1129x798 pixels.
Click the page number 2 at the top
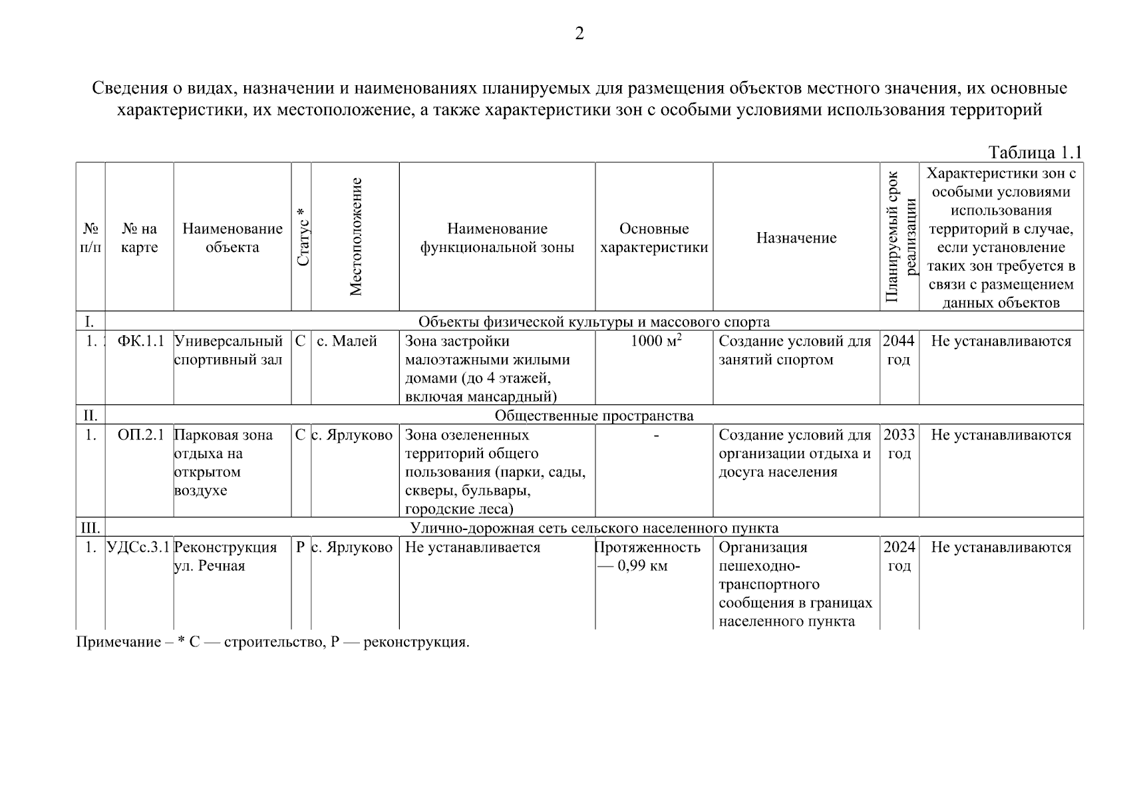coord(579,34)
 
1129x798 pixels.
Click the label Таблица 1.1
coord(1035,152)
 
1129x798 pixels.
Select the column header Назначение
coord(796,238)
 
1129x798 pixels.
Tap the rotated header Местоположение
coord(355,237)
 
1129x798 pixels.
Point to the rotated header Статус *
coord(302,237)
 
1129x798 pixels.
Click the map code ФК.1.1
coord(140,341)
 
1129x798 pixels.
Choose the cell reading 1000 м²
coord(655,341)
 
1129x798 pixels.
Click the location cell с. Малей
coord(347,341)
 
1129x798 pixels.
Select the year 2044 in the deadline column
coord(898,341)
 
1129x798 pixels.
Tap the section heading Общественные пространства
coord(593,416)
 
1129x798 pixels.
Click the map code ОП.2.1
coord(140,435)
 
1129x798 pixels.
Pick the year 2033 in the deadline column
coord(899,435)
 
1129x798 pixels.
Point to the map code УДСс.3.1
coord(139,547)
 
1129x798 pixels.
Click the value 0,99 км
coord(642,566)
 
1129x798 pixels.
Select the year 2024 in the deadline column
coord(899,547)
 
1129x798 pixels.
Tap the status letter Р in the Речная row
coord(300,547)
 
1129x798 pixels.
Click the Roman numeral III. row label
coord(90,528)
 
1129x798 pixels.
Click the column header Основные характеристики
coord(654,238)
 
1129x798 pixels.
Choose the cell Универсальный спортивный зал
coord(228,350)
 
